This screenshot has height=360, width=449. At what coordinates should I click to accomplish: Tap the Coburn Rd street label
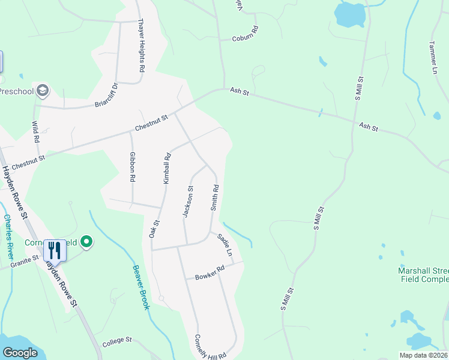pyautogui.click(x=245, y=34)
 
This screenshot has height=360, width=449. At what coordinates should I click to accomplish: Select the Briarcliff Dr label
pyautogui.click(x=108, y=95)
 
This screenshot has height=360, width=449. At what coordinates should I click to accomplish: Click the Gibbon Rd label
pyautogui.click(x=133, y=167)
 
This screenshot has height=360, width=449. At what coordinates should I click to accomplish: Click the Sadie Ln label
pyautogui.click(x=225, y=245)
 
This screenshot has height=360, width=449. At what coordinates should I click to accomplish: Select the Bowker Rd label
pyautogui.click(x=209, y=273)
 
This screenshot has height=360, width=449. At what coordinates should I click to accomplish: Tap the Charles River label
pyautogui.click(x=8, y=236)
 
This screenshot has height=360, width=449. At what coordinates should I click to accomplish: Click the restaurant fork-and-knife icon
pyautogui.click(x=55, y=249)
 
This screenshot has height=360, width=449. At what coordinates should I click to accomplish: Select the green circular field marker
pyautogui.click(x=86, y=242)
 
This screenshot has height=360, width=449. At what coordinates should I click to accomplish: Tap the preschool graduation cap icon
pyautogui.click(x=43, y=91)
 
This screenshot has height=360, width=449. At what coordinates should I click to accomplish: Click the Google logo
pyautogui.click(x=19, y=353)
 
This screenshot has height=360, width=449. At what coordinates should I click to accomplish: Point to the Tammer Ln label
pyautogui.click(x=433, y=58)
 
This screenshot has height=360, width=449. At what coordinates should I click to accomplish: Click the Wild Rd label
pyautogui.click(x=37, y=131)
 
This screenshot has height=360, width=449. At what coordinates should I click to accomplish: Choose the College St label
pyautogui.click(x=116, y=342)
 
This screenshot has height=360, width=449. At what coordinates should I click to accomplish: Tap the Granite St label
pyautogui.click(x=24, y=260)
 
